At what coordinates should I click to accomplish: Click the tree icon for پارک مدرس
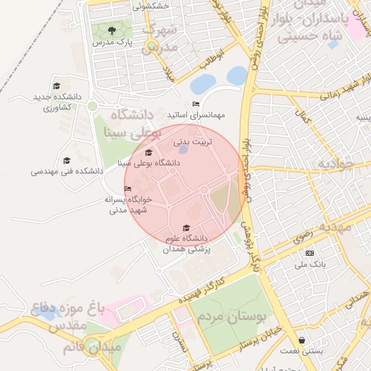pos(112,30)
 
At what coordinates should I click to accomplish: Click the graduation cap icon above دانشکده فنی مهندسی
pos(67,161)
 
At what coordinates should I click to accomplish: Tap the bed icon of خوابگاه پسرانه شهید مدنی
pos(128,189)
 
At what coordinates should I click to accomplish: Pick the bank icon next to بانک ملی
pos(309,253)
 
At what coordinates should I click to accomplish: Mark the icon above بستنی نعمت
pos(301,340)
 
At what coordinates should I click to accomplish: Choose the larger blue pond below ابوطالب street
pos(237,75)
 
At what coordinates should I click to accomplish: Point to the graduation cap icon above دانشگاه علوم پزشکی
pos(186,228)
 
